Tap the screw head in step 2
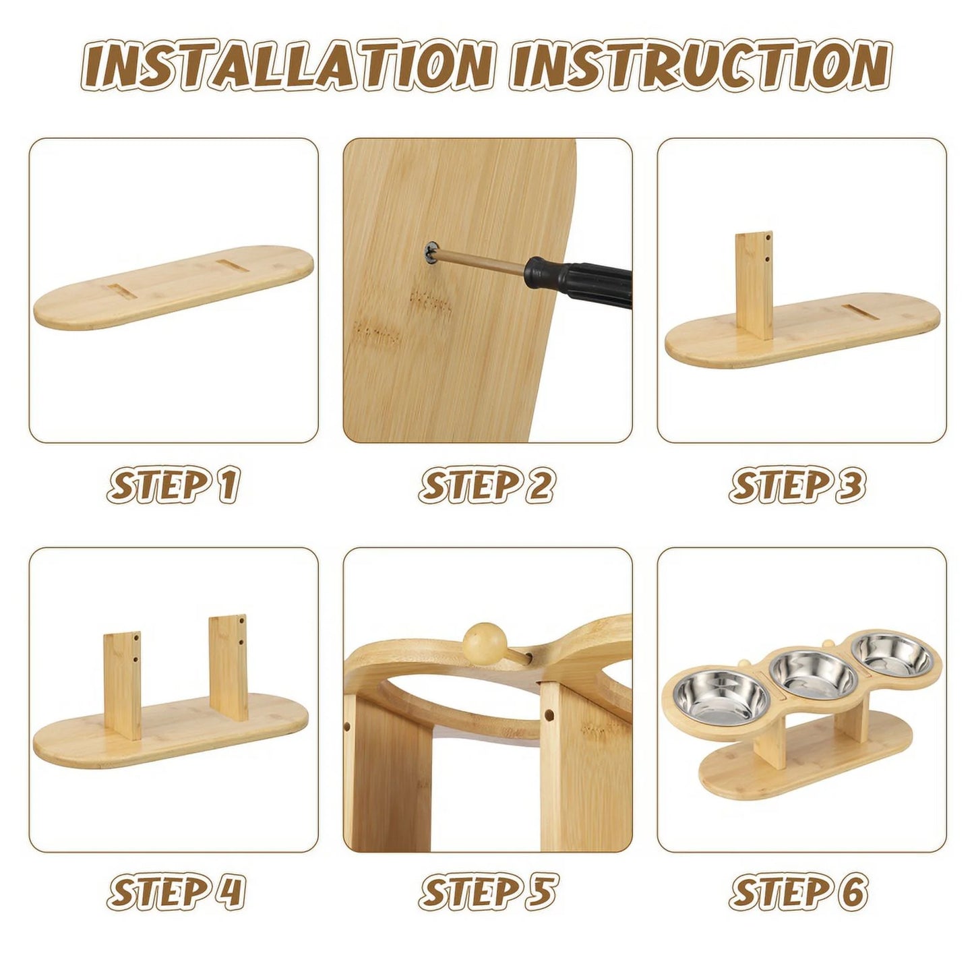(431, 251)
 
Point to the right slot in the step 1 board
(233, 266)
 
